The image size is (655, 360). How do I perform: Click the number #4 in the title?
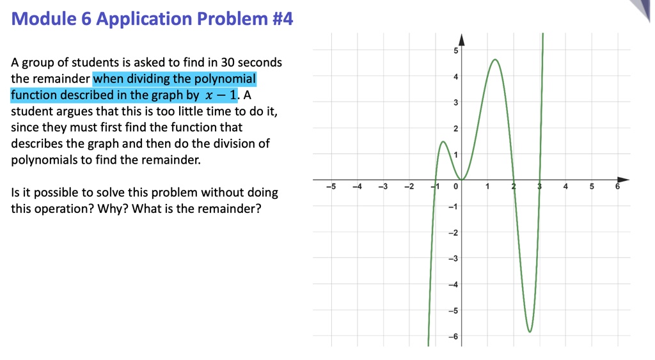click(x=282, y=19)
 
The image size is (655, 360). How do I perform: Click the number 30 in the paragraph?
click(x=228, y=63)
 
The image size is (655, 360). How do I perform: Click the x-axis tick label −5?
click(x=330, y=187)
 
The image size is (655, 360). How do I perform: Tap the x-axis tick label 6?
click(x=617, y=187)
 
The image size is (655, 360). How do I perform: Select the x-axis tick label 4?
click(x=565, y=187)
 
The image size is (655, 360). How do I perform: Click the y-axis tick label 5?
click(x=455, y=51)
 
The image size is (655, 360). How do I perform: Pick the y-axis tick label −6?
click(x=453, y=336)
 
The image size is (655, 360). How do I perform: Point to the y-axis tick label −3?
click(x=453, y=258)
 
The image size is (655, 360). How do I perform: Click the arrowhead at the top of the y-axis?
click(x=461, y=40)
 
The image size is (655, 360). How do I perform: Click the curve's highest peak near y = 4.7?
click(x=495, y=59)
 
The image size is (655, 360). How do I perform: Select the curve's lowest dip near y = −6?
click(x=529, y=332)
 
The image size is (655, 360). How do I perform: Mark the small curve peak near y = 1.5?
click(x=443, y=141)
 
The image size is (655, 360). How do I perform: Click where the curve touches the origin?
click(x=462, y=180)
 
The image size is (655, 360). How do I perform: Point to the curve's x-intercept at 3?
click(x=540, y=180)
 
